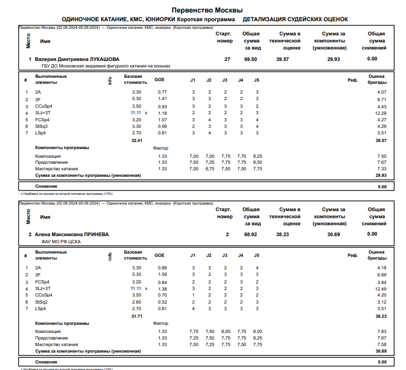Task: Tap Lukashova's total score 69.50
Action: click(251, 59)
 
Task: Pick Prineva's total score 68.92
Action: click(251, 234)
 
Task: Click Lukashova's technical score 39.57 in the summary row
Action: click(283, 59)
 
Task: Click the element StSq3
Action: click(41, 126)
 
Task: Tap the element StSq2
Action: click(41, 302)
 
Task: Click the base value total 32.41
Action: click(136, 140)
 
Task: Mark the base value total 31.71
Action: click(136, 316)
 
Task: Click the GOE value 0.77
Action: click(162, 92)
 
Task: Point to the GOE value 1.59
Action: click(162, 275)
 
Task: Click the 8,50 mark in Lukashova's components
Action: click(257, 162)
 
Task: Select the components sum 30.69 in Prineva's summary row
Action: click(334, 234)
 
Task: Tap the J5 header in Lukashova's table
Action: click(257, 80)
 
